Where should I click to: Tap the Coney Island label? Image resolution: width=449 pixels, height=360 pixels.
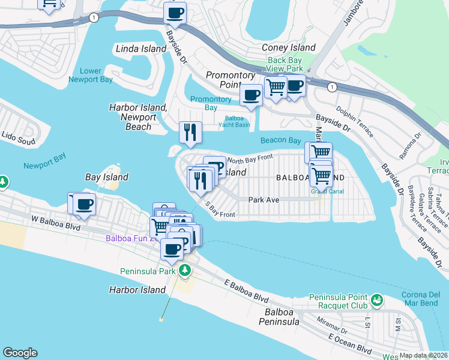pyautogui.click(x=289, y=47)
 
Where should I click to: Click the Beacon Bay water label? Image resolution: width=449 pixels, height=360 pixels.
pyautogui.click(x=280, y=140)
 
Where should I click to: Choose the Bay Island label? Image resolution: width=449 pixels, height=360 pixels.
pyautogui.click(x=106, y=177)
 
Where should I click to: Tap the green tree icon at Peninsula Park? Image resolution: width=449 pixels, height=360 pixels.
pyautogui.click(x=185, y=270)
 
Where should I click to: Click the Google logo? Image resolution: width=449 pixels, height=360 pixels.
pyautogui.click(x=20, y=353)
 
